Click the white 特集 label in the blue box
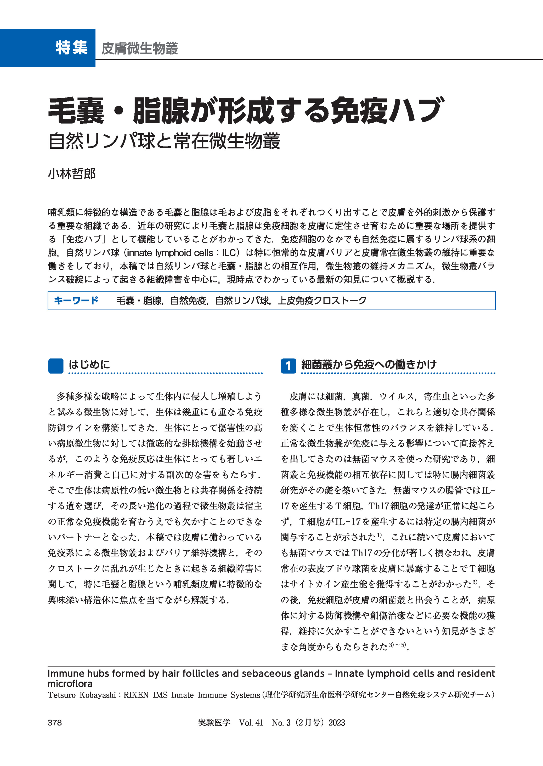(72, 48)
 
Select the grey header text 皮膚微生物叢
(139, 48)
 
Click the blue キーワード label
(76, 300)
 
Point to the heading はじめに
(89, 365)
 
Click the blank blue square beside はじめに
(56, 366)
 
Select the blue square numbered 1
(288, 366)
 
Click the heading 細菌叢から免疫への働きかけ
(369, 365)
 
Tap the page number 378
(55, 723)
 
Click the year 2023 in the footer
(337, 723)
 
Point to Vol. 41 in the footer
(251, 723)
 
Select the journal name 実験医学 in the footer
(214, 723)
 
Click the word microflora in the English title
(70, 683)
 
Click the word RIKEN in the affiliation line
(136, 695)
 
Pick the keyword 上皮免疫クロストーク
(322, 301)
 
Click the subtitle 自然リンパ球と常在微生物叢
(164, 141)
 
